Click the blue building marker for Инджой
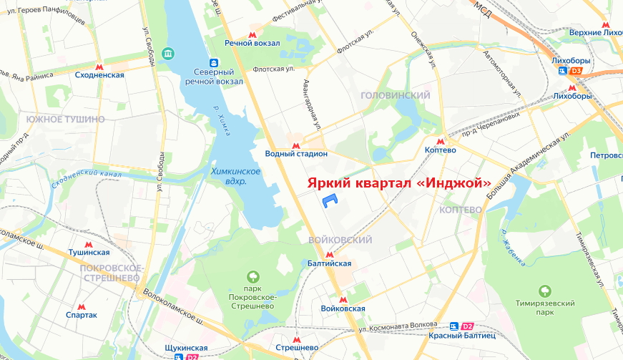tap(329, 201)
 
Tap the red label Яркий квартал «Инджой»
tap(399, 183)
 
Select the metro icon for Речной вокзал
tap(252, 34)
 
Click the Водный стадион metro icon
tap(295, 145)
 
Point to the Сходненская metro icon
tap(99, 66)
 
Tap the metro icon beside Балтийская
tap(329, 254)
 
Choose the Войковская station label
tap(343, 308)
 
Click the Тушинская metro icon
tap(89, 243)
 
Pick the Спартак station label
tap(81, 314)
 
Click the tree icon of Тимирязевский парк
tap(545, 291)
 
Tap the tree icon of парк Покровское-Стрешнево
tap(252, 276)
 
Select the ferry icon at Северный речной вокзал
tap(214, 62)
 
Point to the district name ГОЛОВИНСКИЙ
tap(396, 95)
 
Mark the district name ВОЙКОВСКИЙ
tap(340, 240)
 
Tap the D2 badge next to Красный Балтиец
tap(468, 326)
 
